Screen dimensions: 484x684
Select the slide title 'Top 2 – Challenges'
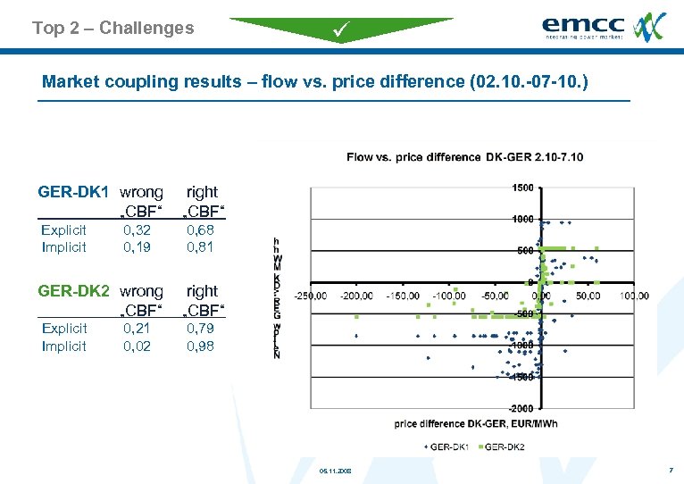click(x=113, y=28)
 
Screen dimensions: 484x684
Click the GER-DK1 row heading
click(x=73, y=192)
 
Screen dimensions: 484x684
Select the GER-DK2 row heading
click(x=73, y=291)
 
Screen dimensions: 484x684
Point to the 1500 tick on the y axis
click(x=522, y=188)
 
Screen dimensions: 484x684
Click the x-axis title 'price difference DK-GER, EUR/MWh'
click(x=475, y=424)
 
